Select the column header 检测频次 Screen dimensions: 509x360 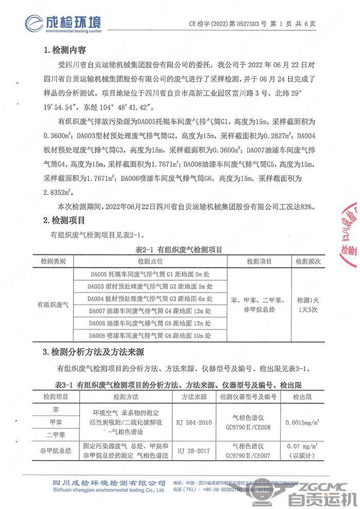tap(308, 261)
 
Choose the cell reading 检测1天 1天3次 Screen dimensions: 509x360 tap(308, 305)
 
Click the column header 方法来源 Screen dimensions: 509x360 tap(193, 397)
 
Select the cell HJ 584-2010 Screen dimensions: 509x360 tap(193, 423)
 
